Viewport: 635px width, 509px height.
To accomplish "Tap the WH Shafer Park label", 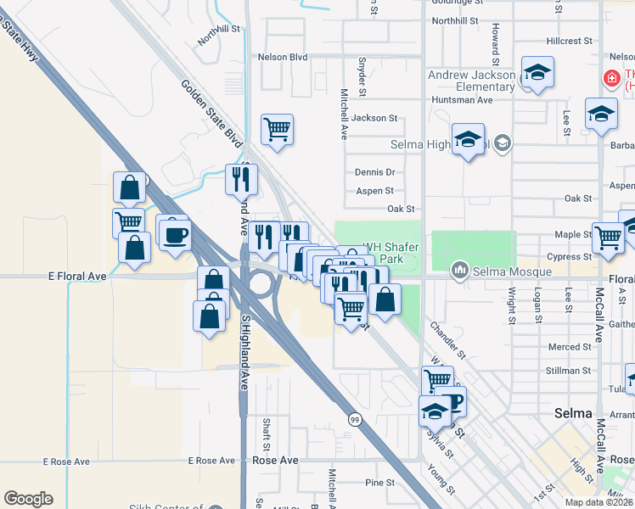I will tap(392, 253).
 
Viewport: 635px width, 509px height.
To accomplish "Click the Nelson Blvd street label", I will tap(282, 58).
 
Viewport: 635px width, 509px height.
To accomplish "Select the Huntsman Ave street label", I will tap(463, 100).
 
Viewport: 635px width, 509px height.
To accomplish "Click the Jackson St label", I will tap(375, 118).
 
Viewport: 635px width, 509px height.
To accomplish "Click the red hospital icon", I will tap(610, 79).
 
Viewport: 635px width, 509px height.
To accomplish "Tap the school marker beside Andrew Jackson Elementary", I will tap(537, 74).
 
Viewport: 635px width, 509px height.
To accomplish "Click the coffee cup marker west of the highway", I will tap(176, 234).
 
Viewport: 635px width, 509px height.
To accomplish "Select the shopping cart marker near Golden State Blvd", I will tap(278, 131).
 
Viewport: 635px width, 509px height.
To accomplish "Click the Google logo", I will tap(28, 499).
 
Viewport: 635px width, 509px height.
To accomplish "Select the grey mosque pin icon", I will tap(461, 271).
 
